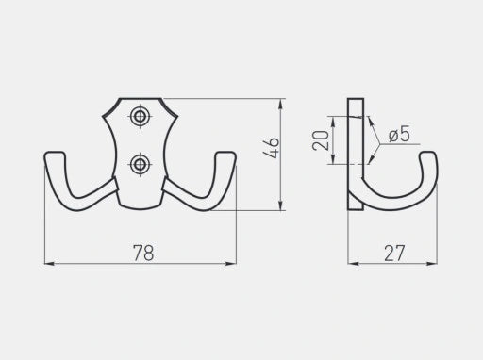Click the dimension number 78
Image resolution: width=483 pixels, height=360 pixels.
(x=143, y=253)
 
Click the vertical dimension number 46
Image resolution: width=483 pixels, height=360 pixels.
(x=271, y=148)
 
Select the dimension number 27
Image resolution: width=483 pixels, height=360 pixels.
(x=394, y=254)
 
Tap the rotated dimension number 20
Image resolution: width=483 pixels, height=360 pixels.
(x=321, y=140)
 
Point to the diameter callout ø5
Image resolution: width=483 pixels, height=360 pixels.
(x=399, y=134)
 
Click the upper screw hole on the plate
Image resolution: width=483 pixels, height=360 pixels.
(x=140, y=116)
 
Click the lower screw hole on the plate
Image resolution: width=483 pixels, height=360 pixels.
(x=140, y=164)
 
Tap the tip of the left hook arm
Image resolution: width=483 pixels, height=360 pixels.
(x=55, y=154)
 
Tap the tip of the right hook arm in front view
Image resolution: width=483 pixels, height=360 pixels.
(x=225, y=154)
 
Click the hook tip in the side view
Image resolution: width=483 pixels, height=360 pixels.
(x=428, y=153)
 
